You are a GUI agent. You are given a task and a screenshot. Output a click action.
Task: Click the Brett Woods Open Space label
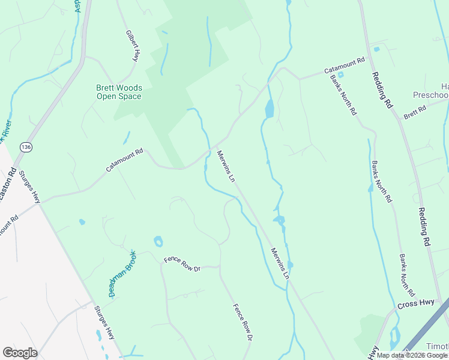[x=119, y=92]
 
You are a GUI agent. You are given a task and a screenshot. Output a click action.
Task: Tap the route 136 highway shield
[x=25, y=146]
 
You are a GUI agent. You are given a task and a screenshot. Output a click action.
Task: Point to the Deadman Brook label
[x=122, y=274]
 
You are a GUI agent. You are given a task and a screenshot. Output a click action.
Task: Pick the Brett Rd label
[x=414, y=112]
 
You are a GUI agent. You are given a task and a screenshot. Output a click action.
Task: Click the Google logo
[x=20, y=353]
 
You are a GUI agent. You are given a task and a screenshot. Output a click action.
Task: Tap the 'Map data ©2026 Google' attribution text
[x=412, y=355]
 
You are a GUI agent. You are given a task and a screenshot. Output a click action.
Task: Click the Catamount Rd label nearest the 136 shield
[x=125, y=160]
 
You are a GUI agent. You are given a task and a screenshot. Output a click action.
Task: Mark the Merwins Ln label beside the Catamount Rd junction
[x=225, y=166]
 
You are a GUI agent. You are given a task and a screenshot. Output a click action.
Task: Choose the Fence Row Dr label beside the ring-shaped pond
[x=182, y=264]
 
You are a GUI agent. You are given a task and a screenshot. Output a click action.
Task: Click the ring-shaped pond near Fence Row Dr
[x=158, y=242]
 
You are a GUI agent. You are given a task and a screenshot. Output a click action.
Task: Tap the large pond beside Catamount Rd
[x=270, y=109]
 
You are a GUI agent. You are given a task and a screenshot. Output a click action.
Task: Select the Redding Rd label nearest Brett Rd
[x=382, y=89]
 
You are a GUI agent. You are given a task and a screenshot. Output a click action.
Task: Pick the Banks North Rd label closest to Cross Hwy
[x=407, y=274]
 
